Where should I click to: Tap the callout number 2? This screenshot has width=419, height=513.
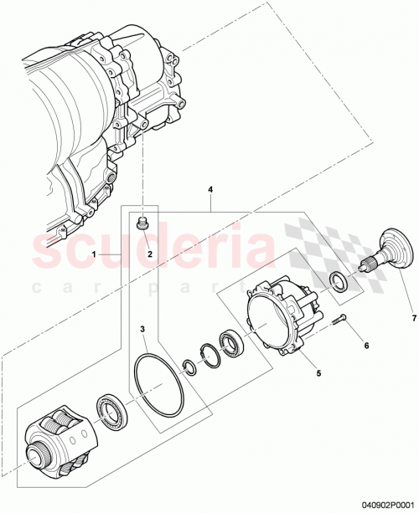149,254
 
